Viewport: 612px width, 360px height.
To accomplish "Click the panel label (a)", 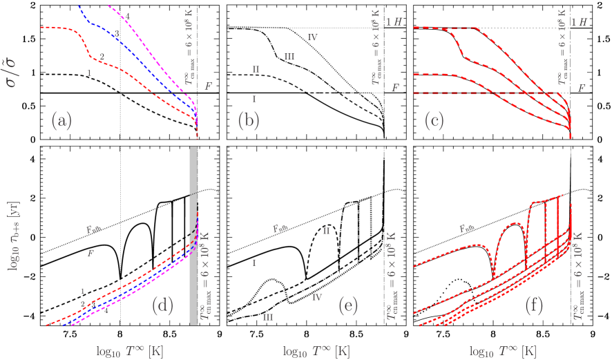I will [x=61, y=122].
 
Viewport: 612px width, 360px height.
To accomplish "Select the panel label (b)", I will [x=249, y=122].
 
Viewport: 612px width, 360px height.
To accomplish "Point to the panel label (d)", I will [x=162, y=306].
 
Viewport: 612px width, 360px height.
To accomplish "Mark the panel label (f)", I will [x=535, y=306].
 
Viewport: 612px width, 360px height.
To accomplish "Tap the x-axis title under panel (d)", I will [x=131, y=350].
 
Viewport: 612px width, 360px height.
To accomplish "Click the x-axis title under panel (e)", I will [x=317, y=350].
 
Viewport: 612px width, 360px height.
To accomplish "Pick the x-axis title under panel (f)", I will [x=504, y=350].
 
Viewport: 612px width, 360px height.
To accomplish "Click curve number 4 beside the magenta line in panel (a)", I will [x=127, y=15].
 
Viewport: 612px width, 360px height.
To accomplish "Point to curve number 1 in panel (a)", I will [x=89, y=73].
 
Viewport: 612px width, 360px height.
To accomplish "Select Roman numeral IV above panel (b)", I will [x=312, y=37].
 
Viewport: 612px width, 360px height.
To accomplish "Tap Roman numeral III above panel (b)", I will [x=289, y=57].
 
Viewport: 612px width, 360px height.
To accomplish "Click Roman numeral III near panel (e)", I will [x=268, y=317].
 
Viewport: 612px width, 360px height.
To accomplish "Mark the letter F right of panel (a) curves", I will [x=208, y=86].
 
